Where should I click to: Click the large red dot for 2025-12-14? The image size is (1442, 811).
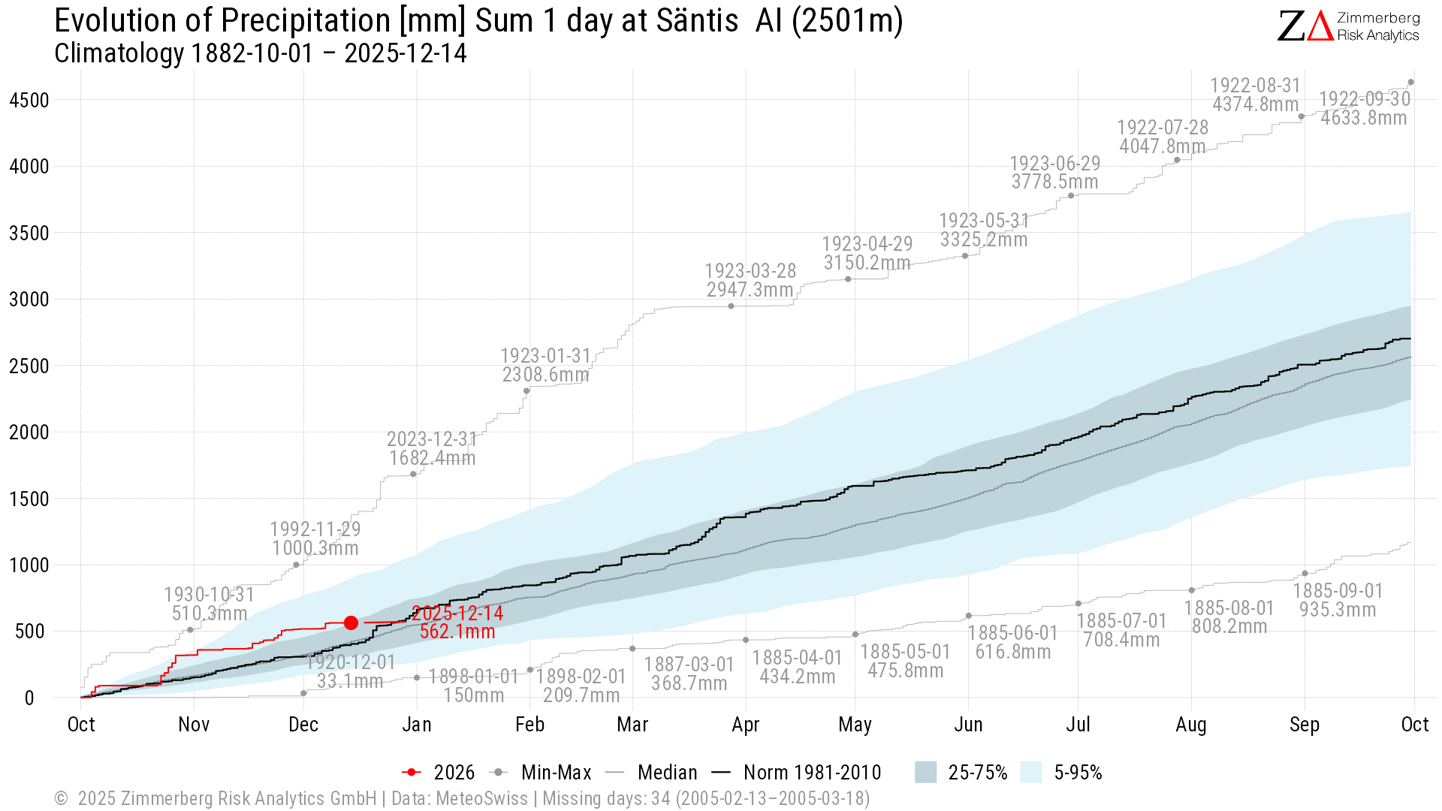[351, 623]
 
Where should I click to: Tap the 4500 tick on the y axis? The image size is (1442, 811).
[29, 101]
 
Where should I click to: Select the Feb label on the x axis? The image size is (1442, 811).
[529, 725]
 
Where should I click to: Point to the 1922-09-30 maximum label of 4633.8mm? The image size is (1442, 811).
[1364, 109]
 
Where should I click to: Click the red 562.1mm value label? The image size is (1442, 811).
[457, 632]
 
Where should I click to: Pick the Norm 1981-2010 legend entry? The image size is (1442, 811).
[797, 773]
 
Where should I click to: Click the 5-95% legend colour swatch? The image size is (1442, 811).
[1031, 773]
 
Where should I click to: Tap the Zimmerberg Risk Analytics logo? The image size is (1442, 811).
[1348, 26]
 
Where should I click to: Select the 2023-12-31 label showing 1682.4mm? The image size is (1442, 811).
[432, 448]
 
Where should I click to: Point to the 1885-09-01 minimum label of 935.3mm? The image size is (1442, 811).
[1338, 600]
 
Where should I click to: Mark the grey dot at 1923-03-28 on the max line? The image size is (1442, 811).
[731, 306]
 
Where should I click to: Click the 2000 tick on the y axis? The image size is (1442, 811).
[29, 433]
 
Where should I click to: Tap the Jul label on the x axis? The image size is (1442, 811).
[1078, 725]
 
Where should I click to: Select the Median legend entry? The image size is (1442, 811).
[653, 773]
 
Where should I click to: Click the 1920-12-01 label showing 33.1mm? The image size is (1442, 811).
[350, 671]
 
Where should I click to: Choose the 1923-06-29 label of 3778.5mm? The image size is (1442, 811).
[1054, 173]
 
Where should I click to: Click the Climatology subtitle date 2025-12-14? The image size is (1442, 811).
[406, 53]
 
